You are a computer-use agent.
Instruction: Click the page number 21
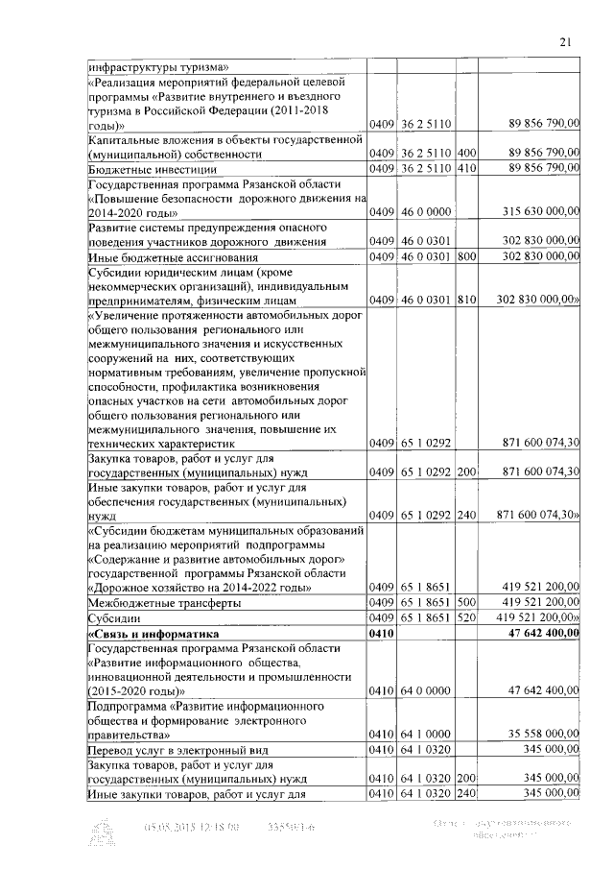(x=565, y=40)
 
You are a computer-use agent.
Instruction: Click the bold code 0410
(x=382, y=635)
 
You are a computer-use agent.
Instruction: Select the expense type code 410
(x=467, y=169)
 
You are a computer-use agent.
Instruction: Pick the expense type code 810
(x=467, y=301)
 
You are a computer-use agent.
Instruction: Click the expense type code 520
(x=467, y=618)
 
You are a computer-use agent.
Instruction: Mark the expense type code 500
(x=467, y=602)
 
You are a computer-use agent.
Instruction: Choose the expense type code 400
(x=467, y=153)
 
